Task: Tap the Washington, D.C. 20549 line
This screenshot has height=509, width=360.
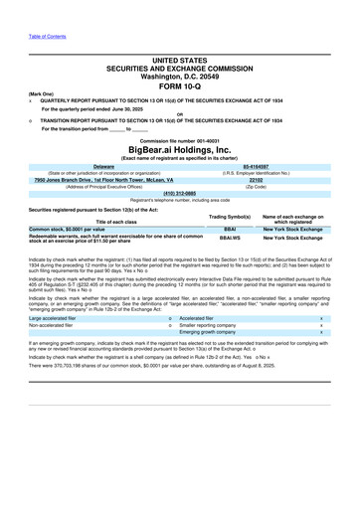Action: click(179, 76)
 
